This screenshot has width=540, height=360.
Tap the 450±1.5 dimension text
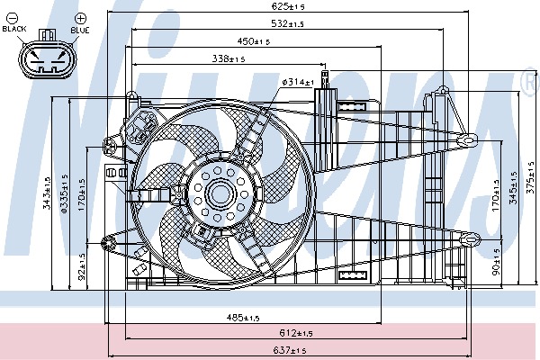coord(254,41)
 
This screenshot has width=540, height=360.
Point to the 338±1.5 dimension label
coord(229,58)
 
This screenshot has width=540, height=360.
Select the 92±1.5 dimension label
coord(81,268)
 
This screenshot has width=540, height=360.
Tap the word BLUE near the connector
coord(80,30)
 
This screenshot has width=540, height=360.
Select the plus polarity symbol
coord(80,17)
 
